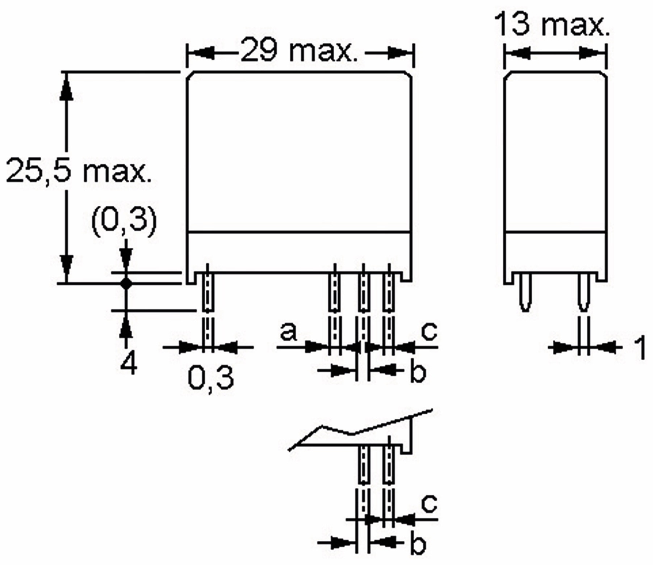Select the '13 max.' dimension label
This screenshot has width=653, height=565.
pyautogui.click(x=551, y=24)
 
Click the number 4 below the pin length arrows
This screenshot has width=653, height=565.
pyautogui.click(x=128, y=364)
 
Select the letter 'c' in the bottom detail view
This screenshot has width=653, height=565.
pyautogui.click(x=429, y=503)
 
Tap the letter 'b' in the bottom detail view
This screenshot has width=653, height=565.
pyautogui.click(x=418, y=544)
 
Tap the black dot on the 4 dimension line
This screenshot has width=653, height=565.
pyautogui.click(x=126, y=283)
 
